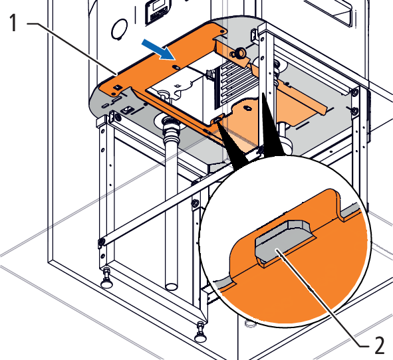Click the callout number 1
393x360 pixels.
coord(13,23)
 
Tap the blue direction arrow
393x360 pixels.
coord(158,50)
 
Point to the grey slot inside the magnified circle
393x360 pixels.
coord(284,241)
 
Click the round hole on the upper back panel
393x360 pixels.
coord(119,29)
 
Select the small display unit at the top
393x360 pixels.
coord(157,11)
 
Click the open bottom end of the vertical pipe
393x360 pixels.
coord(172,286)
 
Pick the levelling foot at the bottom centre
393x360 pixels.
coord(201,333)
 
